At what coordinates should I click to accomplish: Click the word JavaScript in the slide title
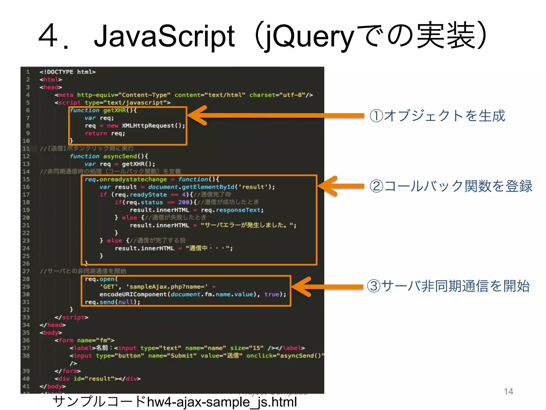pyautogui.click(x=164, y=36)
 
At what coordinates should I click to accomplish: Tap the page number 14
pyautogui.click(x=508, y=391)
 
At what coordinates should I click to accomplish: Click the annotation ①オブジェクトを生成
pyautogui.click(x=437, y=116)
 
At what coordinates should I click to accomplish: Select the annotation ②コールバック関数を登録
pyautogui.click(x=451, y=186)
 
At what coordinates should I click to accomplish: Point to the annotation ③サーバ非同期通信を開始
pyautogui.click(x=448, y=286)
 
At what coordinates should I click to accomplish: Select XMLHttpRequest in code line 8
pyautogui.click(x=148, y=126)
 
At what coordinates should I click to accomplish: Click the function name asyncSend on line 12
pyautogui.click(x=120, y=156)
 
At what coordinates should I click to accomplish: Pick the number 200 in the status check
pyautogui.click(x=184, y=202)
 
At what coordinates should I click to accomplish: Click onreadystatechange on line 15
pyautogui.click(x=133, y=179)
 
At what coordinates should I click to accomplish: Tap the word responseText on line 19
pyautogui.click(x=238, y=210)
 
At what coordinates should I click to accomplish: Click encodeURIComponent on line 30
pyautogui.click(x=133, y=294)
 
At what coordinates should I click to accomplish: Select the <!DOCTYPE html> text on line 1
pyautogui.click(x=67, y=72)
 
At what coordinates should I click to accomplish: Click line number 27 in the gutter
pyautogui.click(x=26, y=271)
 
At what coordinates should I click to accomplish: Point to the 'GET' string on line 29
pyautogui.click(x=109, y=287)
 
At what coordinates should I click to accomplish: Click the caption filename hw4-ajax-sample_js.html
pyautogui.click(x=222, y=402)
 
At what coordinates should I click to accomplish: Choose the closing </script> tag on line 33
pyautogui.click(x=71, y=317)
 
